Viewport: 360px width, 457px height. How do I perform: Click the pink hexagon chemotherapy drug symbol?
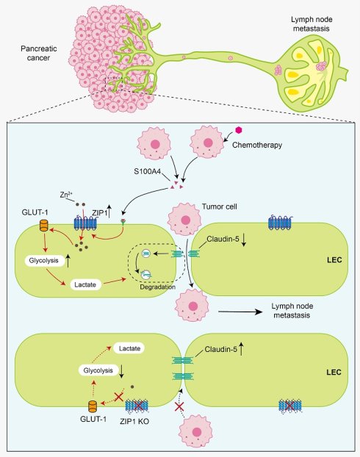pyautogui.click(x=239, y=130)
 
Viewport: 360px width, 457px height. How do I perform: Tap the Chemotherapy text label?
pyautogui.click(x=257, y=145)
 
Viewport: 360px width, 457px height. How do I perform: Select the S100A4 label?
pyautogui.click(x=147, y=171)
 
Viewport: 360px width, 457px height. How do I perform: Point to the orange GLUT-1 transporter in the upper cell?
pyautogui.click(x=44, y=226)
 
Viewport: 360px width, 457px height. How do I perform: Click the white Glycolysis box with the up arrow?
pyautogui.click(x=44, y=260)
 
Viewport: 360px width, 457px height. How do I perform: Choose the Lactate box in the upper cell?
pyautogui.click(x=85, y=284)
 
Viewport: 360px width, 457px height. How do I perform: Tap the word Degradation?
pyautogui.click(x=158, y=287)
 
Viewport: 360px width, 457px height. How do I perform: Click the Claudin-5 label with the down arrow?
pyautogui.click(x=223, y=240)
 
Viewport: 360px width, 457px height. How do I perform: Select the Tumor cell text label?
pyautogui.click(x=220, y=206)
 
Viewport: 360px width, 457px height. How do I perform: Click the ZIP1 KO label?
pyautogui.click(x=134, y=421)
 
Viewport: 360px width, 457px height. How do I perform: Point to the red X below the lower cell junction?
pyautogui.click(x=179, y=406)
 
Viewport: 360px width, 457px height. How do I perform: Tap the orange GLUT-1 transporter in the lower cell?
pyautogui.click(x=93, y=406)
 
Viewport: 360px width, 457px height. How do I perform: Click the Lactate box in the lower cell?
pyautogui.click(x=129, y=348)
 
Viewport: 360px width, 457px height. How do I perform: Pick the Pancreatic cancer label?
pyautogui.click(x=38, y=53)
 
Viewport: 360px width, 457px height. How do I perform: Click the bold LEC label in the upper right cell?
pyautogui.click(x=334, y=259)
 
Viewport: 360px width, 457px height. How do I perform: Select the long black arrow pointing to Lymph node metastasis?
pyautogui.click(x=240, y=312)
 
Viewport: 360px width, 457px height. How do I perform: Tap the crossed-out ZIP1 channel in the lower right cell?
pyautogui.click(x=289, y=406)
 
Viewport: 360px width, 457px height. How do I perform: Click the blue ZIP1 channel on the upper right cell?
pyautogui.click(x=279, y=223)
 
